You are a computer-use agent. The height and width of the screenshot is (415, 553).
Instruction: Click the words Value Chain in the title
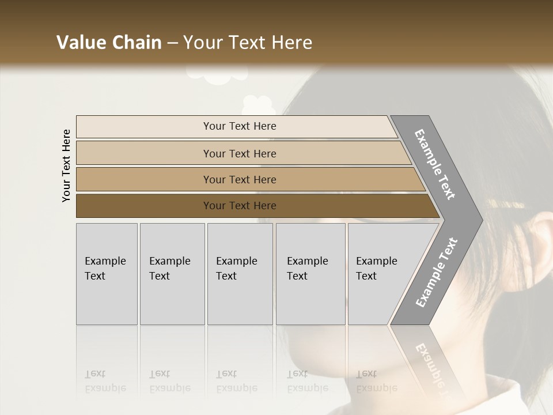click(109, 43)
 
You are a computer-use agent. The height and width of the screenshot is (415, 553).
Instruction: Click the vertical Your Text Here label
click(66, 165)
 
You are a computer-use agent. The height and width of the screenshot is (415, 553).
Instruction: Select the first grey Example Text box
click(107, 274)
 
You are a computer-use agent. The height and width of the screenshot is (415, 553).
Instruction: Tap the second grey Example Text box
click(172, 274)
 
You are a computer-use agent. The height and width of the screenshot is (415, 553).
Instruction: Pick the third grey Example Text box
click(240, 274)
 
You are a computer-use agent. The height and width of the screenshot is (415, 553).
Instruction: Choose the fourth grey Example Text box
click(310, 274)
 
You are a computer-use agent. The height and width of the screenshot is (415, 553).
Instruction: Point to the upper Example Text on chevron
click(434, 164)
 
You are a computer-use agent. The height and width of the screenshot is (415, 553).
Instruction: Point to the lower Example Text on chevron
click(436, 273)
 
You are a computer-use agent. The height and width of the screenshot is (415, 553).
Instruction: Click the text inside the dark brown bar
click(240, 206)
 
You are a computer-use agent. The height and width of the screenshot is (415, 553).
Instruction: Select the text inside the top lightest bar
click(240, 126)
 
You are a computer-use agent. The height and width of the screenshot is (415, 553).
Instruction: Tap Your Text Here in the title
click(248, 43)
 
